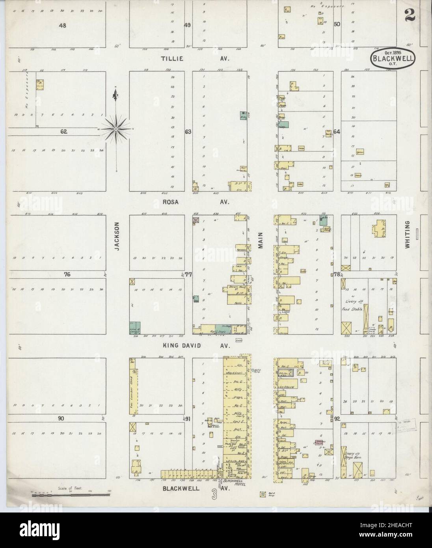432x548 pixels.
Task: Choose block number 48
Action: click(62, 26)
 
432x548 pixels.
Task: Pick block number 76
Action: click(67, 275)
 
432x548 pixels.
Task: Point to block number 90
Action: click(61, 418)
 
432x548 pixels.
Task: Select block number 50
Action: click(337, 24)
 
